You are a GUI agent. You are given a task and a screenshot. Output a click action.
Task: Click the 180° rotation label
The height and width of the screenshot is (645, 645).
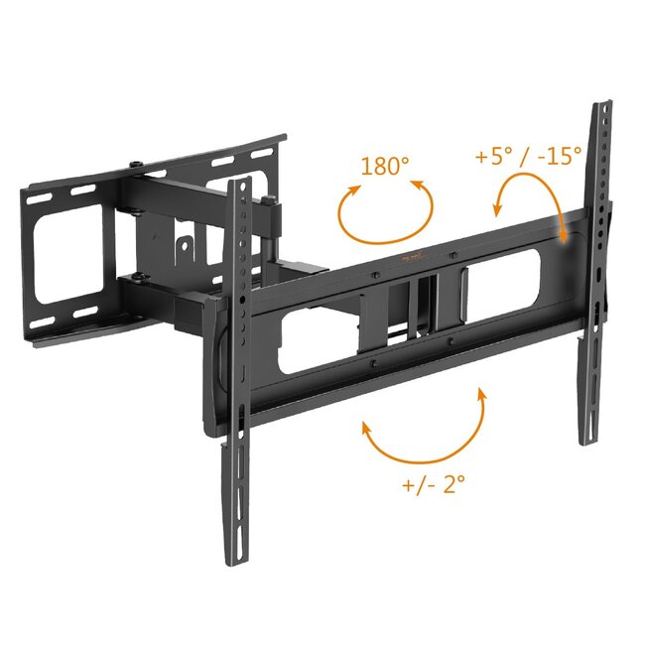(x=385, y=166)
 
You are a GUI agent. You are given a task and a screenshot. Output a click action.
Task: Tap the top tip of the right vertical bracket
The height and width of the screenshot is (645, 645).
(x=601, y=106)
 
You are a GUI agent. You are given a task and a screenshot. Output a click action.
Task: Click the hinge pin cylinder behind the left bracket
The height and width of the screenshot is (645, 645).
(x=270, y=229)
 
